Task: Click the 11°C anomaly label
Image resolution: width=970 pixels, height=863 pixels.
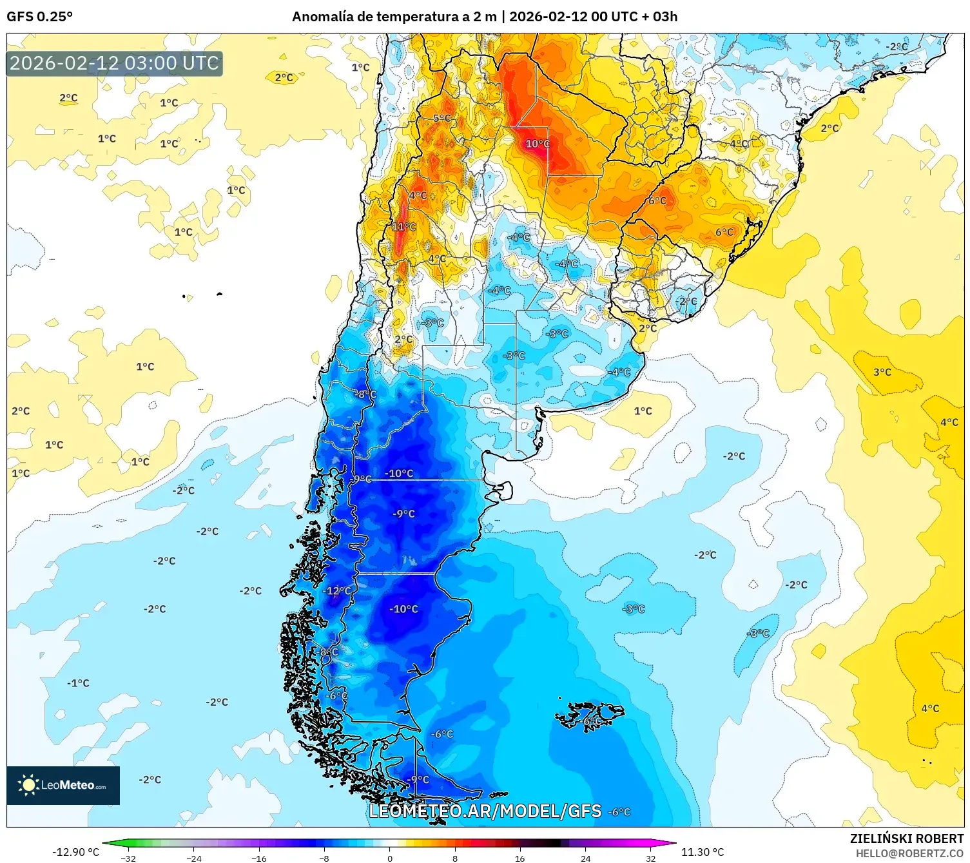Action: (404, 227)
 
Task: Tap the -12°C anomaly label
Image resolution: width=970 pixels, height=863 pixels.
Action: (338, 591)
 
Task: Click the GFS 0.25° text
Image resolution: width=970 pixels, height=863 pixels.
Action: (39, 16)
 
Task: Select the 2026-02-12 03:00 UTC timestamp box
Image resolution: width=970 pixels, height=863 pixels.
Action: (114, 64)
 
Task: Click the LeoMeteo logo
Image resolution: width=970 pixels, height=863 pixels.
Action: (63, 785)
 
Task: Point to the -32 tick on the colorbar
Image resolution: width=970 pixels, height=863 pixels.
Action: (129, 858)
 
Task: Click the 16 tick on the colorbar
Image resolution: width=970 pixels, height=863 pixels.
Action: (520, 858)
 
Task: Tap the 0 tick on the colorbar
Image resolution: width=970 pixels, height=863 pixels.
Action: (389, 858)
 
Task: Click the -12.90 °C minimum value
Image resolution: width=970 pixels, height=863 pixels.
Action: (75, 852)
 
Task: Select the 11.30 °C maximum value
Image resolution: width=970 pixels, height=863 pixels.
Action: (703, 852)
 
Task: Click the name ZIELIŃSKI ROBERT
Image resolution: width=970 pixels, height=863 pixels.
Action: (906, 839)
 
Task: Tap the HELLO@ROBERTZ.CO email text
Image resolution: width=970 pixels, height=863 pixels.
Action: (909, 853)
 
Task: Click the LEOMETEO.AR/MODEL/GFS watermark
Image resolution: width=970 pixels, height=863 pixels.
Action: (485, 811)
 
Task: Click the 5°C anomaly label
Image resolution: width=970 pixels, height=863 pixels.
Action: (442, 119)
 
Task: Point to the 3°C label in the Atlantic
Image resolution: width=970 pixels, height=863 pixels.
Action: (882, 373)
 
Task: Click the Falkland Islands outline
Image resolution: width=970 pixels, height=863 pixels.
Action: (590, 715)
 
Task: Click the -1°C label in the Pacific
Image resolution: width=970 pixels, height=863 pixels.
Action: (78, 683)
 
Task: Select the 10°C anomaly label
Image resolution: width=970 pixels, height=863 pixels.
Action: (538, 144)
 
